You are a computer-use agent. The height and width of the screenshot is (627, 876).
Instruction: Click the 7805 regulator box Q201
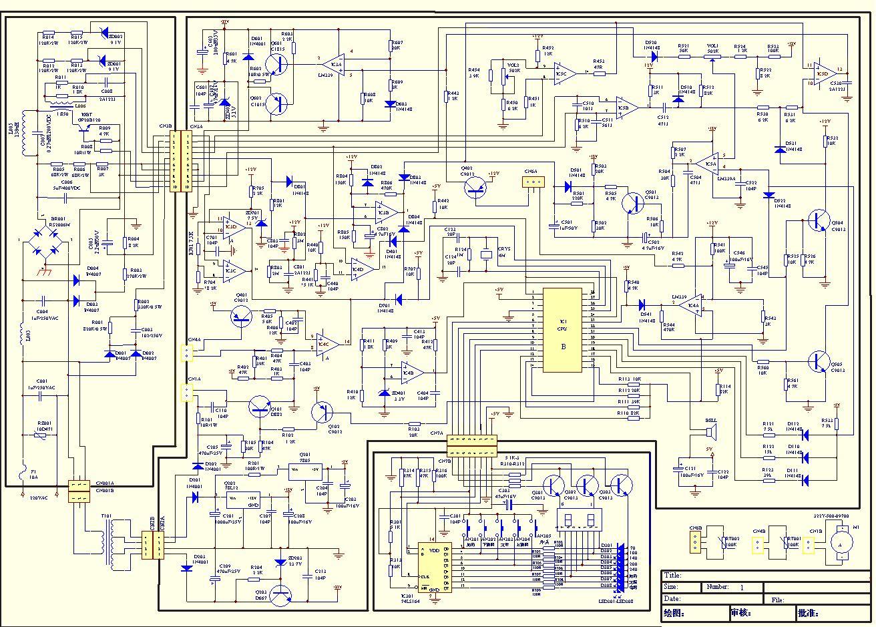coord(304,471)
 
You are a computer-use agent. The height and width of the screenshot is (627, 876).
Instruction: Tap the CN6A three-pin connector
coord(531,182)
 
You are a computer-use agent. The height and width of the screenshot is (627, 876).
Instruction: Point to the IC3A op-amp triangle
coord(334,66)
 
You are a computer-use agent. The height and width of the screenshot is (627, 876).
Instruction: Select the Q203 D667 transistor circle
coord(282,594)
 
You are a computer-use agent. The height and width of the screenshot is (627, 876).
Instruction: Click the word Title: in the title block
coord(673,576)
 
